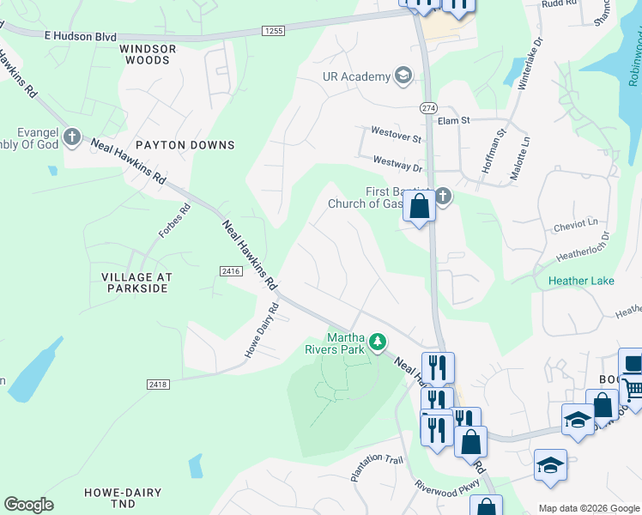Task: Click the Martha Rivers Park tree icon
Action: [377, 343]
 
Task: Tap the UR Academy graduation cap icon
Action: [403, 76]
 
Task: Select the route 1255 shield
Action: [274, 31]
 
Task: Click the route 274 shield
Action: [428, 107]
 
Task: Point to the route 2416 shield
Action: [230, 271]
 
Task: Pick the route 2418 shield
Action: [158, 384]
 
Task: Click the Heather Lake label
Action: [581, 282]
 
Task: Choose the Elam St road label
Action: [453, 122]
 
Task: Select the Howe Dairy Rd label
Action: [262, 330]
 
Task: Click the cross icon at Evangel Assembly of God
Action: [72, 136]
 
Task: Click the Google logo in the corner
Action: [28, 505]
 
